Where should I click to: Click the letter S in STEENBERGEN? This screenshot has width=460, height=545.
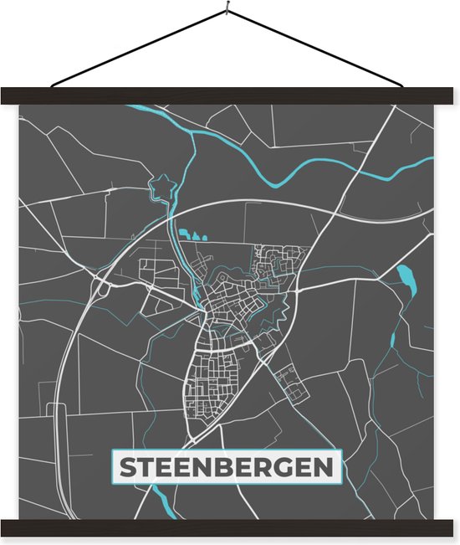(128, 468)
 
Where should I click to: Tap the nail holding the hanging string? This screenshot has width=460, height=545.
(227, 10)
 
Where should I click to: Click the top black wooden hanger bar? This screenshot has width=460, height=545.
(230, 95)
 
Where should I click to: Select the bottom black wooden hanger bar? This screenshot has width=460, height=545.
(230, 527)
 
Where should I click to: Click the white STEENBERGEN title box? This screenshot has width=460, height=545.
(227, 468)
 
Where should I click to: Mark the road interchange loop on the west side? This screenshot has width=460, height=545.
(104, 290)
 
